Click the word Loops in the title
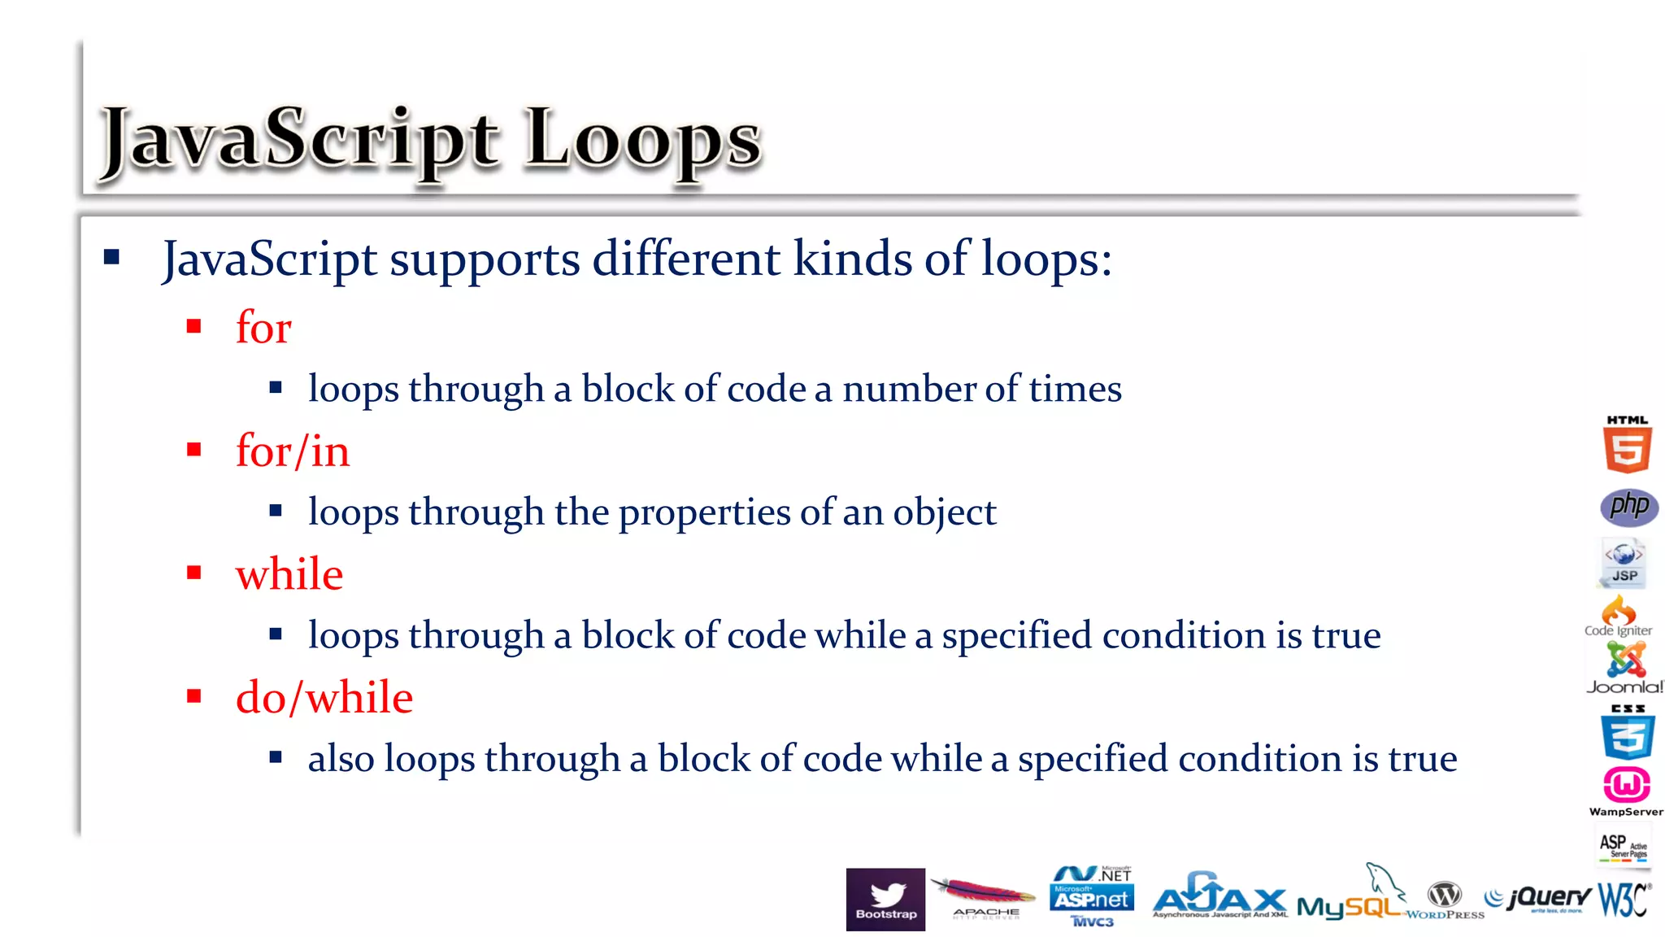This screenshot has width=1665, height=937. pos(642,140)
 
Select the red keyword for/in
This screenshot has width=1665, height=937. pos(293,451)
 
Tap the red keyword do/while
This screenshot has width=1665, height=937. pos(324,697)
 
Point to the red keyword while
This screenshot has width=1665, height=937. pos(289,574)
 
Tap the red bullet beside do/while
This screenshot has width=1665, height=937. pos(193,696)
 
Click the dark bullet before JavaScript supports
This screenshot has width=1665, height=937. pos(111,258)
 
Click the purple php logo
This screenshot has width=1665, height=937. pos(1629,507)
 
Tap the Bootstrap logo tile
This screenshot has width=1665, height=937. pos(885,899)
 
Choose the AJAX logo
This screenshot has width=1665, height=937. pos(1219,898)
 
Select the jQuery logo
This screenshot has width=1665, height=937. pos(1538,898)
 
